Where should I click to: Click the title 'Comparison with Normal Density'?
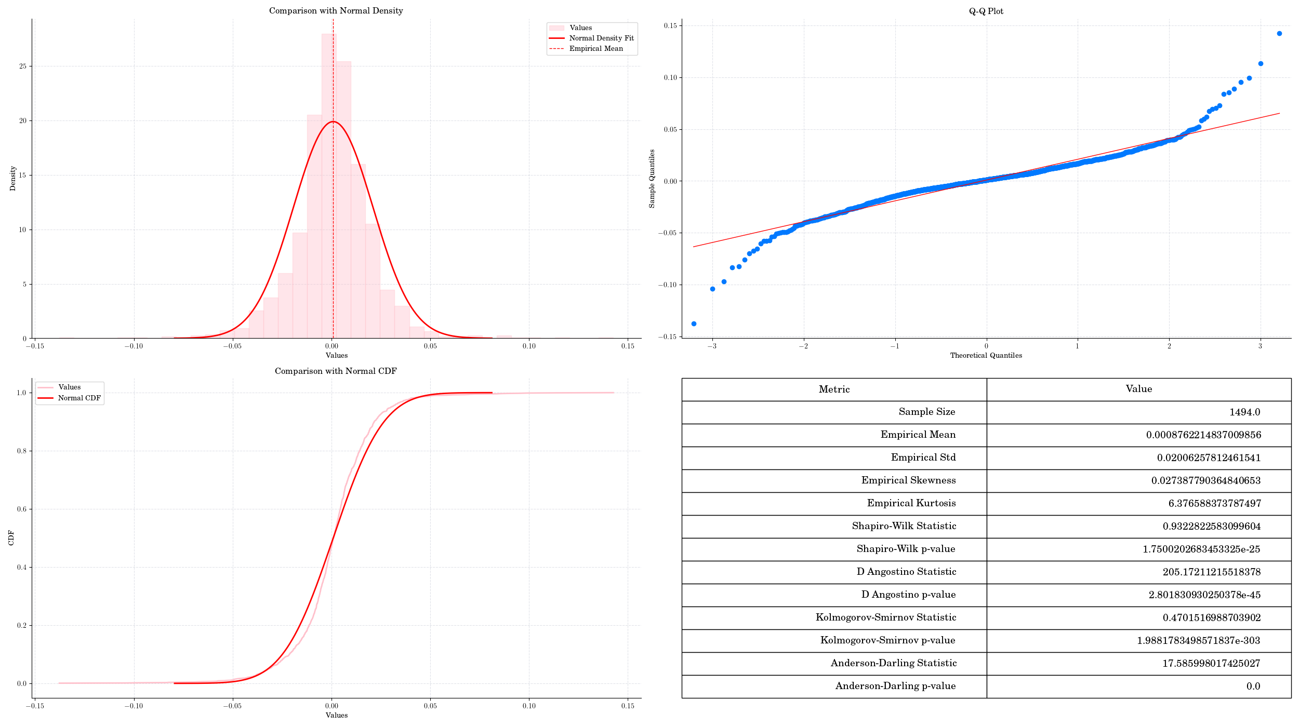point(336,11)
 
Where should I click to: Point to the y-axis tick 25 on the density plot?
point(22,66)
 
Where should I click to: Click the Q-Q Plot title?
point(986,11)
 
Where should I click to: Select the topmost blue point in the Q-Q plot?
point(1279,34)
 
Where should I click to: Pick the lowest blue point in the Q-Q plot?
point(694,324)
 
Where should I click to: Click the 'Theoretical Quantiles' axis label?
point(986,355)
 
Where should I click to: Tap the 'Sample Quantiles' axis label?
point(652,179)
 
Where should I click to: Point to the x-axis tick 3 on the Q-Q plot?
point(1260,346)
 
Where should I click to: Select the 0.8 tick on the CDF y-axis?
point(21,451)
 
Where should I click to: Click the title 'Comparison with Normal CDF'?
point(336,371)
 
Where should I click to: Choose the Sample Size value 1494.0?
point(1244,412)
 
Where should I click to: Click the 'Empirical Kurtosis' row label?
point(911,503)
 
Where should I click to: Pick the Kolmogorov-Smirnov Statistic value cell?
point(1211,617)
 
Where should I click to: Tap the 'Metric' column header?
point(834,389)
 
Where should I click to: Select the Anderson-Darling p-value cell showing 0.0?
point(1253,686)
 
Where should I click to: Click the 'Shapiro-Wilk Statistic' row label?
point(904,526)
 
